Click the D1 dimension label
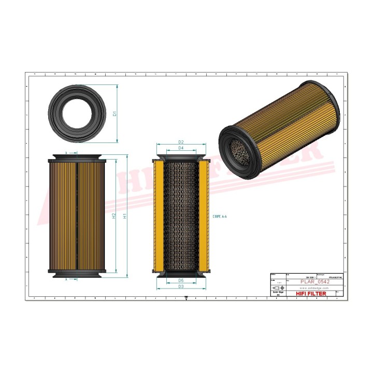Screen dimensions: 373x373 pos(115,113)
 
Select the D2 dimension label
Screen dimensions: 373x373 pos(181,142)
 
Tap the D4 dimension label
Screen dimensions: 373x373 pos(181,149)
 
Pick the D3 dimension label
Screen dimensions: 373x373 pos(181,286)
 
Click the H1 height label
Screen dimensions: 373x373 pos(125,216)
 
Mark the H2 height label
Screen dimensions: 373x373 pos(114,216)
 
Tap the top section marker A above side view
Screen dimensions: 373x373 pos(67,153)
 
